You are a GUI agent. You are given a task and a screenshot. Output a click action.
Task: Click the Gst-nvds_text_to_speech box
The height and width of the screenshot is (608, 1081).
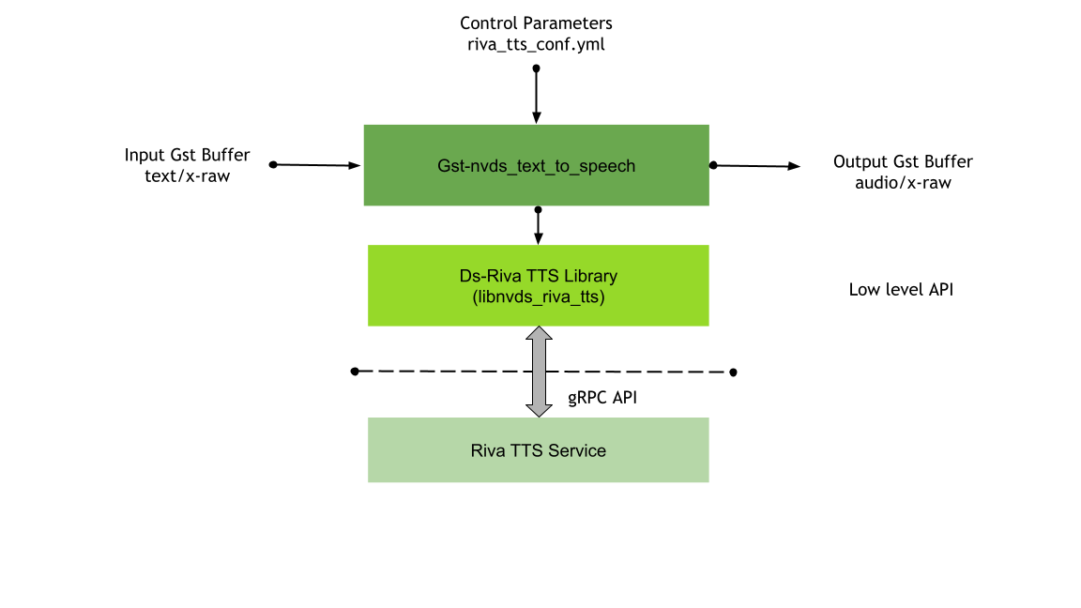point(536,165)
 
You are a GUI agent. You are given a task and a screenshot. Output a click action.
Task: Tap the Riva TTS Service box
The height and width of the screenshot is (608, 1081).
point(538,450)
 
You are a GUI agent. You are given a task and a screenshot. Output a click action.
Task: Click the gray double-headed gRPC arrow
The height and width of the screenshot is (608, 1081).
point(539,372)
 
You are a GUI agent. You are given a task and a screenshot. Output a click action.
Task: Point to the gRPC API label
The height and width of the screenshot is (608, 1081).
point(602,398)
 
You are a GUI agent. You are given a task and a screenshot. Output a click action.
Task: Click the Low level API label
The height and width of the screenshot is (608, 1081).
point(900,290)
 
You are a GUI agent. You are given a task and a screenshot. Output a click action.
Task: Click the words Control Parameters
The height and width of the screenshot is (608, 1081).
point(536,22)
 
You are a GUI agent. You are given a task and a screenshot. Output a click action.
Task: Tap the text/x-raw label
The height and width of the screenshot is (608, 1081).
point(188,175)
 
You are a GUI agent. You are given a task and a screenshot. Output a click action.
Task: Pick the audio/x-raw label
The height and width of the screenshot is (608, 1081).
point(903,183)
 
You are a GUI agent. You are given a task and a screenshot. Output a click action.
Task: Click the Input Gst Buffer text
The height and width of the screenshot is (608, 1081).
point(188,155)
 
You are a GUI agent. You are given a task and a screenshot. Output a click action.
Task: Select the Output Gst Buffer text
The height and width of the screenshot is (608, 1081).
point(903,161)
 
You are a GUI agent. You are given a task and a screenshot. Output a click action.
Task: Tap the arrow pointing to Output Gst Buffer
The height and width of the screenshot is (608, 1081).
point(756,166)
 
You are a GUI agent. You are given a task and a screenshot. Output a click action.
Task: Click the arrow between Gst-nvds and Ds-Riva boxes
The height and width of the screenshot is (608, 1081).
point(538,226)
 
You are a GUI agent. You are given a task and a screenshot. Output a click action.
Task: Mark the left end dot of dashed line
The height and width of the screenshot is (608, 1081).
point(355,372)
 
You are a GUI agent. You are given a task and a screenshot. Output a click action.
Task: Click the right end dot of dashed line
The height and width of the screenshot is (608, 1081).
point(733,372)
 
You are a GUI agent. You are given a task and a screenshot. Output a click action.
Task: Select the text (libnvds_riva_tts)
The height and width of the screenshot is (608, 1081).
point(538,297)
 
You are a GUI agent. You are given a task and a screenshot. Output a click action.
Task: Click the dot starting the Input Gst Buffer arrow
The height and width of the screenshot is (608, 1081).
point(273,164)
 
